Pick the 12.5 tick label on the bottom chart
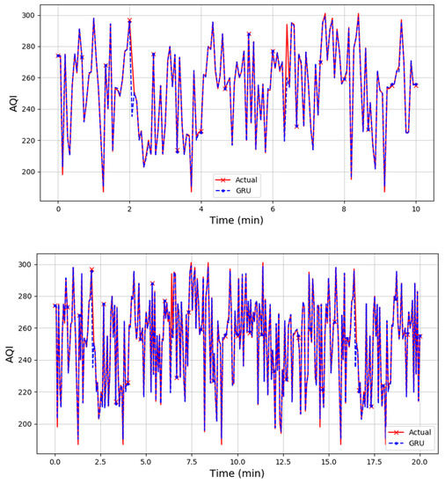tap(282, 460)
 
